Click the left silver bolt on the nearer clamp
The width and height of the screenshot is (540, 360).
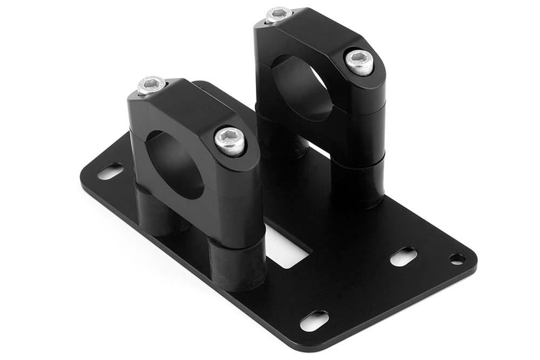tap(152, 85)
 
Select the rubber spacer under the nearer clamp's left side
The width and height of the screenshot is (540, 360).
tap(154, 208)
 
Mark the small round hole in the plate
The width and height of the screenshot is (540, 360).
tap(457, 259)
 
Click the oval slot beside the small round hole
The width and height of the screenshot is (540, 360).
tap(404, 256)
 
